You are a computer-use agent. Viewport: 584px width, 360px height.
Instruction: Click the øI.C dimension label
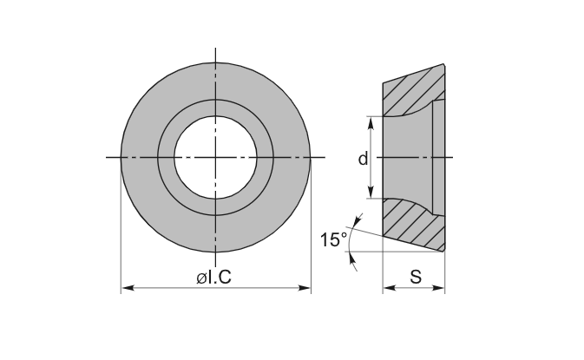pyautogui.click(x=213, y=278)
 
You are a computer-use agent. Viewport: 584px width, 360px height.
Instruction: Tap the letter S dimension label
pyautogui.click(x=416, y=277)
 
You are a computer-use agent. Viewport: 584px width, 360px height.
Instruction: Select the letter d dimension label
pyautogui.click(x=363, y=159)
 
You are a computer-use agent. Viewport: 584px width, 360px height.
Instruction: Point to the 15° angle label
pyautogui.click(x=333, y=239)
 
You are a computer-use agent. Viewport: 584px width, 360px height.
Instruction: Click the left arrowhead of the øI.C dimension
pyautogui.click(x=128, y=288)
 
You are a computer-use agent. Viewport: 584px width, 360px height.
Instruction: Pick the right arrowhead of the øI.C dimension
pyautogui.click(x=304, y=288)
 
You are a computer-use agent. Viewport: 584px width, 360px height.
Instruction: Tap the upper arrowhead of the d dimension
pyautogui.click(x=371, y=123)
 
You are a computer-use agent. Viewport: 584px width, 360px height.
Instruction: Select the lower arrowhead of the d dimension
pyautogui.click(x=371, y=192)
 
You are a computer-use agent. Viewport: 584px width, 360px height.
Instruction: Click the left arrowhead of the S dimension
pyautogui.click(x=390, y=288)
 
